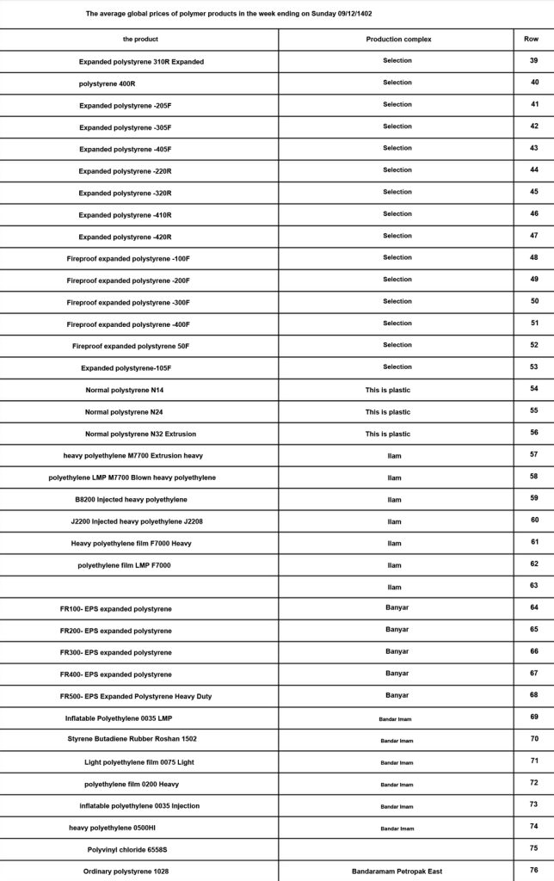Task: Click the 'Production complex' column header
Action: click(x=398, y=40)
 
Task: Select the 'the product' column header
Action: click(x=140, y=40)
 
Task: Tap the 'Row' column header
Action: click(x=532, y=40)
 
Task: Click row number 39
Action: click(x=534, y=61)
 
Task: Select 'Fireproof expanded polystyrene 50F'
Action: click(x=131, y=345)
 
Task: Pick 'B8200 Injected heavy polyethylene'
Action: click(x=131, y=499)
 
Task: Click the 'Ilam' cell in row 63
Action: click(x=394, y=586)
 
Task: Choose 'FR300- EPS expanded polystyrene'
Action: click(x=115, y=652)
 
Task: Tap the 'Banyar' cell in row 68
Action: click(x=397, y=695)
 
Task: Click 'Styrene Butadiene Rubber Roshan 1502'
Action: click(x=138, y=739)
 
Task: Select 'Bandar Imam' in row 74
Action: click(x=397, y=829)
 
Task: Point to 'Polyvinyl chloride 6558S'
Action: click(x=127, y=849)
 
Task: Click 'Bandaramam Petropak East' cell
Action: click(x=397, y=872)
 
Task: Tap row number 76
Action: click(x=534, y=871)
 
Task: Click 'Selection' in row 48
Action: click(x=397, y=257)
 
